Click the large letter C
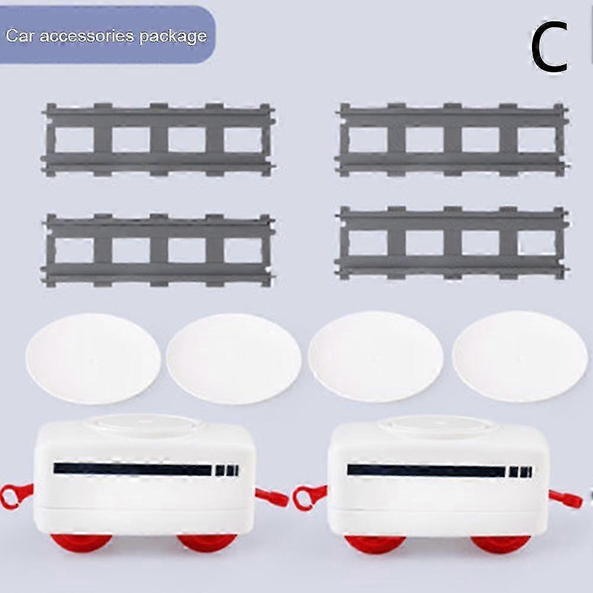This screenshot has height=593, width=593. (x=549, y=49)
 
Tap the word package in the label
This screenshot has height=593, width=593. (x=174, y=37)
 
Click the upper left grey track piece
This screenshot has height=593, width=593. (x=158, y=140)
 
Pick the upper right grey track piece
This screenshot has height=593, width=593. (x=452, y=139)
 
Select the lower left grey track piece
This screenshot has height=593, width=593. (x=158, y=250)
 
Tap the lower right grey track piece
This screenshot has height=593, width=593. (x=452, y=243)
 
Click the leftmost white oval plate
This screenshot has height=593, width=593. (x=93, y=358)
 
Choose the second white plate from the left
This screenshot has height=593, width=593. (x=233, y=359)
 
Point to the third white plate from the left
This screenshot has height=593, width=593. (x=376, y=357)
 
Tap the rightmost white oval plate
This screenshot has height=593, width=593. (x=520, y=356)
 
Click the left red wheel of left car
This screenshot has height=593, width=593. (x=81, y=542)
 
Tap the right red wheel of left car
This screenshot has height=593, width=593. (x=207, y=542)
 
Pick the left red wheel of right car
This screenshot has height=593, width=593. (x=375, y=543)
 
